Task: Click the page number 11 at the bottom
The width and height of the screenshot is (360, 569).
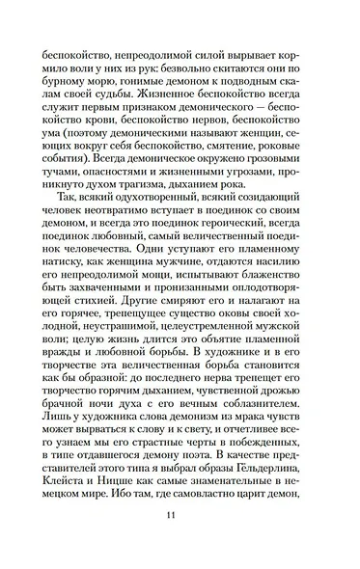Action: (x=180, y=540)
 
